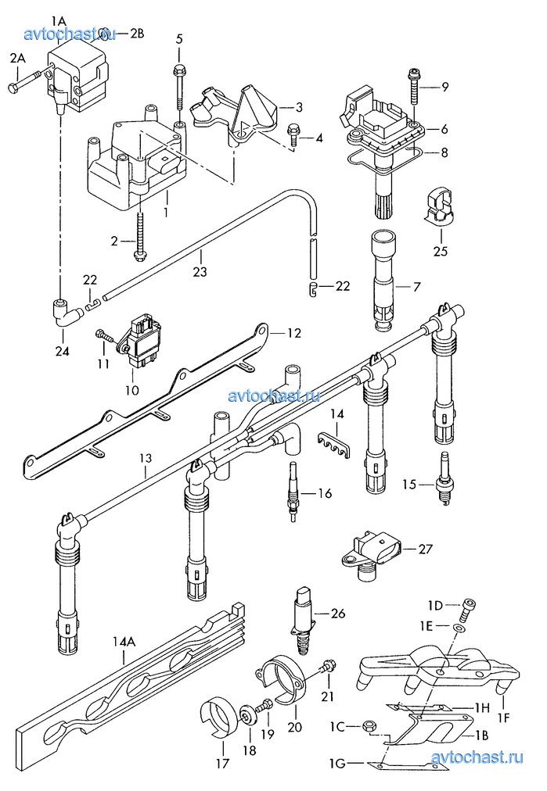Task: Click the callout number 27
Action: pyautogui.click(x=425, y=549)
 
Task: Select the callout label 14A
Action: pyautogui.click(x=124, y=642)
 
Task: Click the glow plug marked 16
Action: pyautogui.click(x=293, y=492)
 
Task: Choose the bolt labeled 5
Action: pyautogui.click(x=178, y=88)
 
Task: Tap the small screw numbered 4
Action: pyautogui.click(x=293, y=132)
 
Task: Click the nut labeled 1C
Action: pyautogui.click(x=368, y=726)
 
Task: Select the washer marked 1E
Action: pyautogui.click(x=458, y=628)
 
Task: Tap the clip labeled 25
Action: pyautogui.click(x=437, y=206)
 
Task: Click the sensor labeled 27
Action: pyautogui.click(x=371, y=557)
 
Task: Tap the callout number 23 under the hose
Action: pyautogui.click(x=200, y=271)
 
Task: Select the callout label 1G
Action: pyautogui.click(x=337, y=764)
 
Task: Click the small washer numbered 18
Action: pyautogui.click(x=247, y=715)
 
